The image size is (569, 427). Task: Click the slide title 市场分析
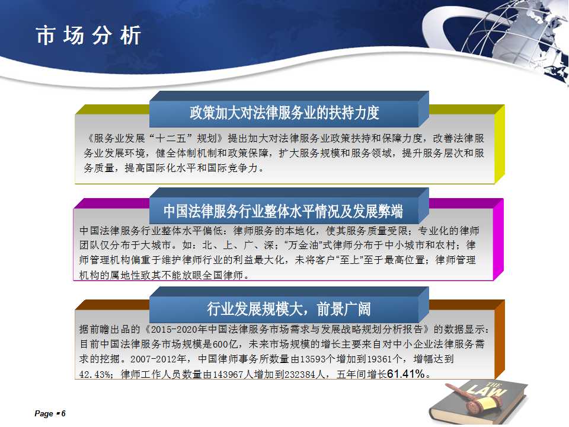pos(88,36)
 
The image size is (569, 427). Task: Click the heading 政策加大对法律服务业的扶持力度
pos(284,113)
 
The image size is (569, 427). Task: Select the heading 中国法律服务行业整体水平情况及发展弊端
pos(283,211)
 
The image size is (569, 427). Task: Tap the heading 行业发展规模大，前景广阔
pos(289,309)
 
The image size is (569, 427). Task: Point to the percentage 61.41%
pos(406,373)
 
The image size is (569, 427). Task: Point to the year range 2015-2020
pos(174,329)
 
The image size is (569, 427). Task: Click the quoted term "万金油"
pos(303,245)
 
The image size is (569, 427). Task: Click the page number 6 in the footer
pos(63,413)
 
